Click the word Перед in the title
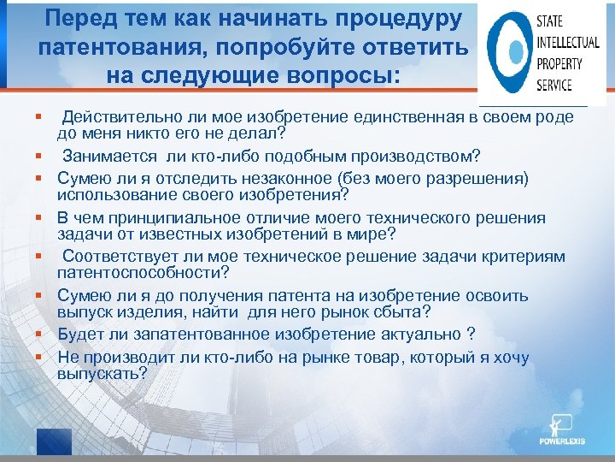point(79,18)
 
